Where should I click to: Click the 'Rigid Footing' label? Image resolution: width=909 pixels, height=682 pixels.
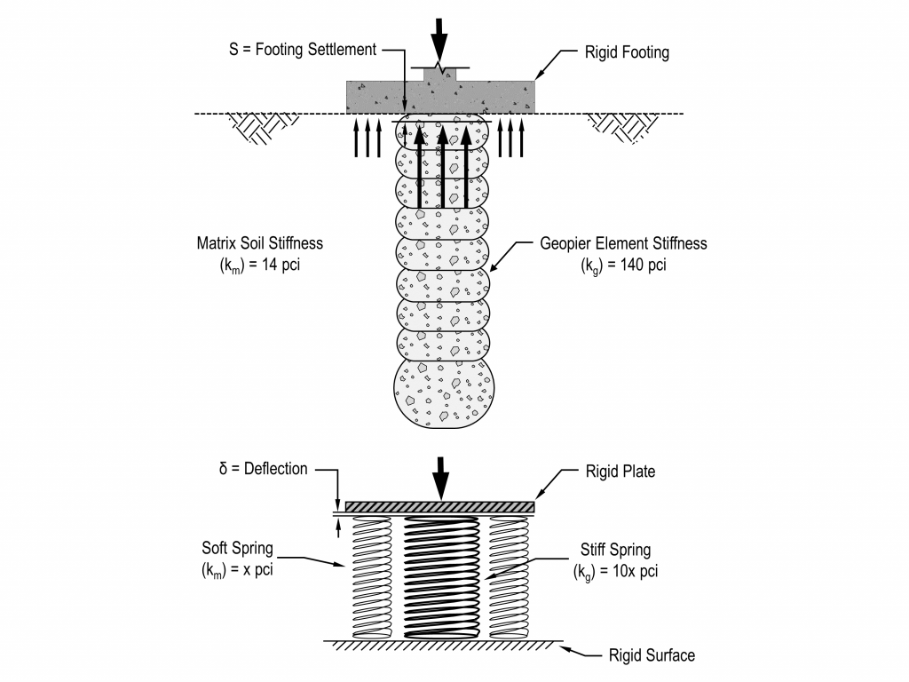[x=628, y=53]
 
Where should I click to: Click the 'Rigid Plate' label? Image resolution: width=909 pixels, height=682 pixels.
[x=620, y=472]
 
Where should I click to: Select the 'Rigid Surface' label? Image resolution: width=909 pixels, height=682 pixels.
[x=652, y=656]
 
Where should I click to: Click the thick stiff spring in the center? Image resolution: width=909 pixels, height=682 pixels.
[x=440, y=577]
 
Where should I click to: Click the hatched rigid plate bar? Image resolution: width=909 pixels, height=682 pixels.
[x=440, y=506]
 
